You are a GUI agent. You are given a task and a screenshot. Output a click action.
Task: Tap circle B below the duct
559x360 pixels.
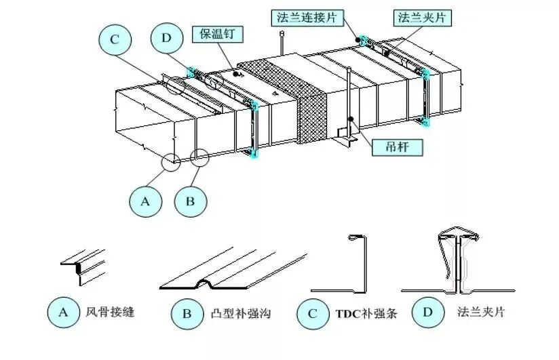pyautogui.click(x=191, y=201)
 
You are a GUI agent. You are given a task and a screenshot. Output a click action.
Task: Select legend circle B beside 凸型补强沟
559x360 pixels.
pyautogui.click(x=187, y=315)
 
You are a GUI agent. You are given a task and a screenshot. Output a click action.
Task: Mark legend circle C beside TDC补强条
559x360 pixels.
pyautogui.click(x=313, y=315)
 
